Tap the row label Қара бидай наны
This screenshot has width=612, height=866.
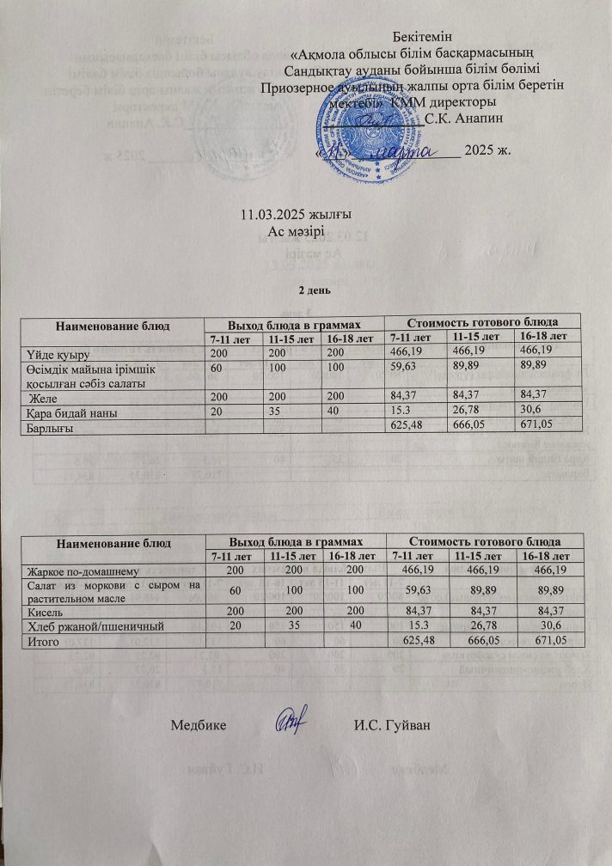(x=66, y=412)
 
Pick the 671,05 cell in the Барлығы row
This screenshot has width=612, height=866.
(x=542, y=425)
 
